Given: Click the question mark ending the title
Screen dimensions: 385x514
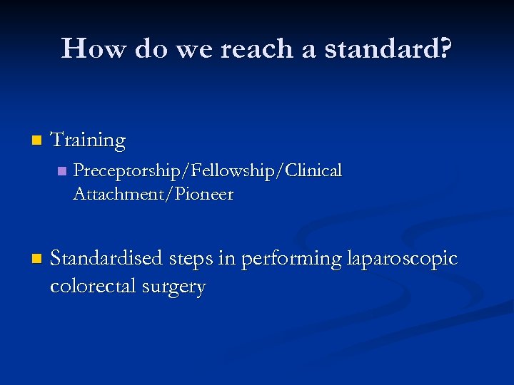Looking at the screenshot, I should point(445,48).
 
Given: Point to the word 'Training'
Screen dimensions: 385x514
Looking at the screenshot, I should point(88,140).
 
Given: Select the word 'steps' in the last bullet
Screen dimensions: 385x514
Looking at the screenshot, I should point(193,258).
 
